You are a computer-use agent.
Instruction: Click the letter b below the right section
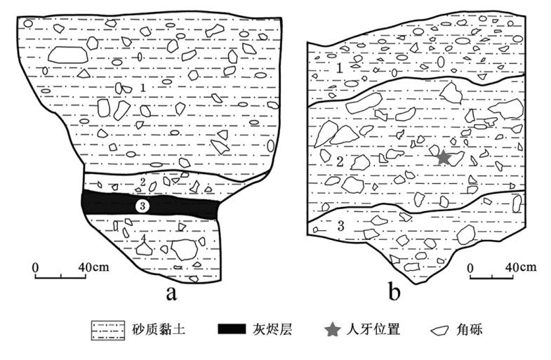pos(394,291)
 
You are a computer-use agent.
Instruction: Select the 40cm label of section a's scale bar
pos(93,267)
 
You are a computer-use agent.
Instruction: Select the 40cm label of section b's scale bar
pos(521,267)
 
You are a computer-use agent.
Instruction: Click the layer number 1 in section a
pos(142,86)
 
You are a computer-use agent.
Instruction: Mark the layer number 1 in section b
pos(338,67)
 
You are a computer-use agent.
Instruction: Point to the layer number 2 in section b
pos(340,161)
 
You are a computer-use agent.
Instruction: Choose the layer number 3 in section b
pos(340,225)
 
